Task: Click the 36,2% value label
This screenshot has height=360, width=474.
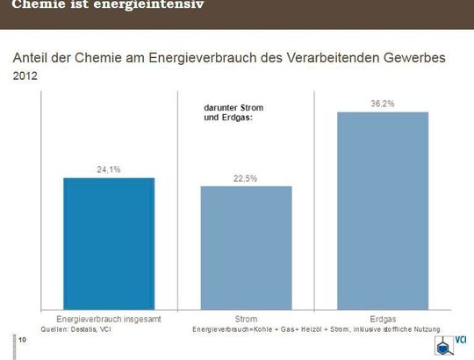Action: click(x=382, y=104)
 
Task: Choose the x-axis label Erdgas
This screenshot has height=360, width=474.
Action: click(x=383, y=319)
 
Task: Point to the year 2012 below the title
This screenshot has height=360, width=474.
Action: click(x=26, y=77)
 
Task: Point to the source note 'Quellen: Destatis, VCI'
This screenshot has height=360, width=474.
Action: click(x=77, y=328)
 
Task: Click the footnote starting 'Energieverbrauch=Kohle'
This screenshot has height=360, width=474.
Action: click(x=316, y=328)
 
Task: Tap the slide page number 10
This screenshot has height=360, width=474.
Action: click(x=22, y=340)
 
